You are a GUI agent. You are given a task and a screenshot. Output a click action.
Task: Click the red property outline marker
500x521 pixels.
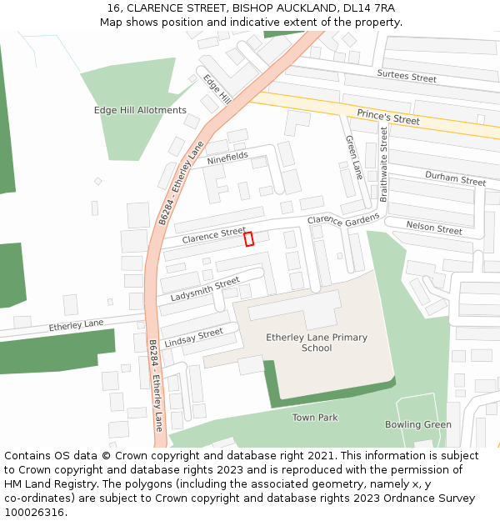(248, 239)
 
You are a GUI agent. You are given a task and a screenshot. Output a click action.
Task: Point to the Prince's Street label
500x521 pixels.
(388, 117)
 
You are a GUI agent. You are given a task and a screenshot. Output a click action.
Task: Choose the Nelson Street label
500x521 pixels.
(433, 228)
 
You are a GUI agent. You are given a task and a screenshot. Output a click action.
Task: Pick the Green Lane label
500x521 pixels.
(354, 158)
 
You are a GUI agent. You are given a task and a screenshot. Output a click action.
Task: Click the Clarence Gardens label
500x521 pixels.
(343, 219)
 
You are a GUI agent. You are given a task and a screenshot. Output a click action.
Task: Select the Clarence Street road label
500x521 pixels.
(214, 235)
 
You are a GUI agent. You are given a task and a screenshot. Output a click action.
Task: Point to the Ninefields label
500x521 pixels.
(227, 157)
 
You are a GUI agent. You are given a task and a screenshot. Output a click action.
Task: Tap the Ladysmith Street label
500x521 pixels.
(205, 291)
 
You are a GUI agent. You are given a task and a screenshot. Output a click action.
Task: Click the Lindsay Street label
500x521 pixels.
(194, 338)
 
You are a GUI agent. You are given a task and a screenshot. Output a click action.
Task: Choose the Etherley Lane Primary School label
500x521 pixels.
(317, 343)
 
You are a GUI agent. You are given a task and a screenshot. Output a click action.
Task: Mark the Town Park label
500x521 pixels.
(315, 418)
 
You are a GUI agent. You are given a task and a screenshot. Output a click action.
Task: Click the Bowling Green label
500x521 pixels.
(418, 425)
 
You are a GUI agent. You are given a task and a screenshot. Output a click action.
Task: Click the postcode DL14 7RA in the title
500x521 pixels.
(367, 8)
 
